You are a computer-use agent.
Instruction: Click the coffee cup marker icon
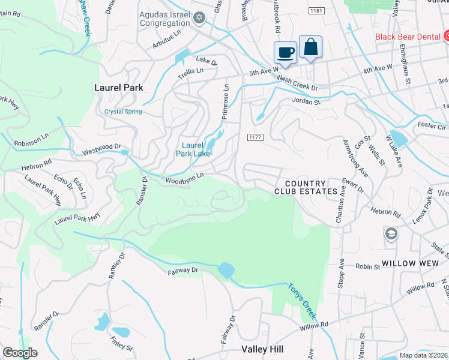pyautogui.click(x=285, y=52)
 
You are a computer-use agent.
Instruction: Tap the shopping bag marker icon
pyautogui.click(x=310, y=47)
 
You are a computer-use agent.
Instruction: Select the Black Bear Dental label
pyautogui.click(x=408, y=37)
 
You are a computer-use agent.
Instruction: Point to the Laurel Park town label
pyautogui.click(x=119, y=88)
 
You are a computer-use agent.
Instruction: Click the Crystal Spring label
pyautogui.click(x=123, y=112)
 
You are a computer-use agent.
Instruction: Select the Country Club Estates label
pyautogui.click(x=306, y=187)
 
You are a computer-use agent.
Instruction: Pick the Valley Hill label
pyautogui.click(x=265, y=349)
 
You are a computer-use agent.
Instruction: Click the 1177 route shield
pyautogui.click(x=255, y=137)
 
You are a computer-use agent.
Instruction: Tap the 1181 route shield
pyautogui.click(x=317, y=11)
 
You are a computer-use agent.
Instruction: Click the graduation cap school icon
pyautogui.click(x=391, y=234)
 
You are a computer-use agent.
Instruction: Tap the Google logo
pyautogui.click(x=20, y=353)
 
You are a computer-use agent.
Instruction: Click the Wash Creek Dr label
pyautogui.click(x=297, y=83)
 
